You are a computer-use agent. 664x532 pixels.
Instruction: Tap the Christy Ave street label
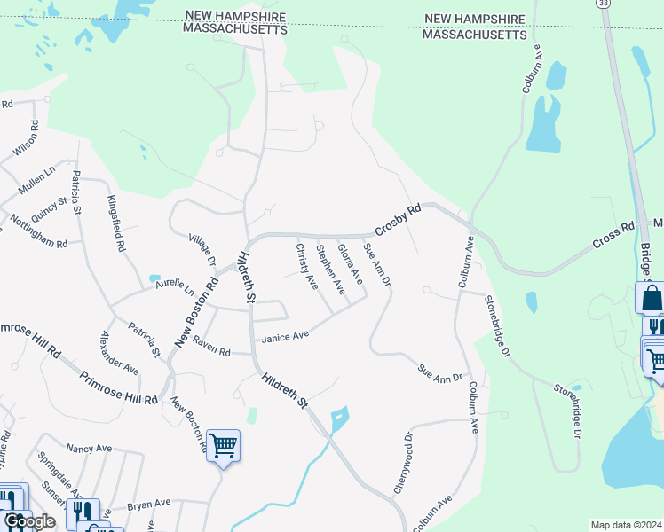coord(306,266)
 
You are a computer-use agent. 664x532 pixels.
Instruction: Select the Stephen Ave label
coord(330,270)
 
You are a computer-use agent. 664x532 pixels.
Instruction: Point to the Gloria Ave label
coord(351,265)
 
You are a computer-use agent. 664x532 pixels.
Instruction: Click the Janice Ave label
coord(285,336)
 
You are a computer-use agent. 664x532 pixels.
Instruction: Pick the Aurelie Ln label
coord(175,286)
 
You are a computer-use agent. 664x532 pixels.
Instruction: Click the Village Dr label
coord(202,251)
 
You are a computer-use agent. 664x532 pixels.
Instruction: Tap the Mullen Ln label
coord(37,180)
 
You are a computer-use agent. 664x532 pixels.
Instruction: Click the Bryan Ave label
coord(148,504)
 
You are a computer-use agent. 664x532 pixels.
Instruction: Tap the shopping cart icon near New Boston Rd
coord(222,445)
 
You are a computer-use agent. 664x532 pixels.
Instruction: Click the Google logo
coord(29,521)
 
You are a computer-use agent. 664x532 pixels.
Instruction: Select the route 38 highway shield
coord(605,4)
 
